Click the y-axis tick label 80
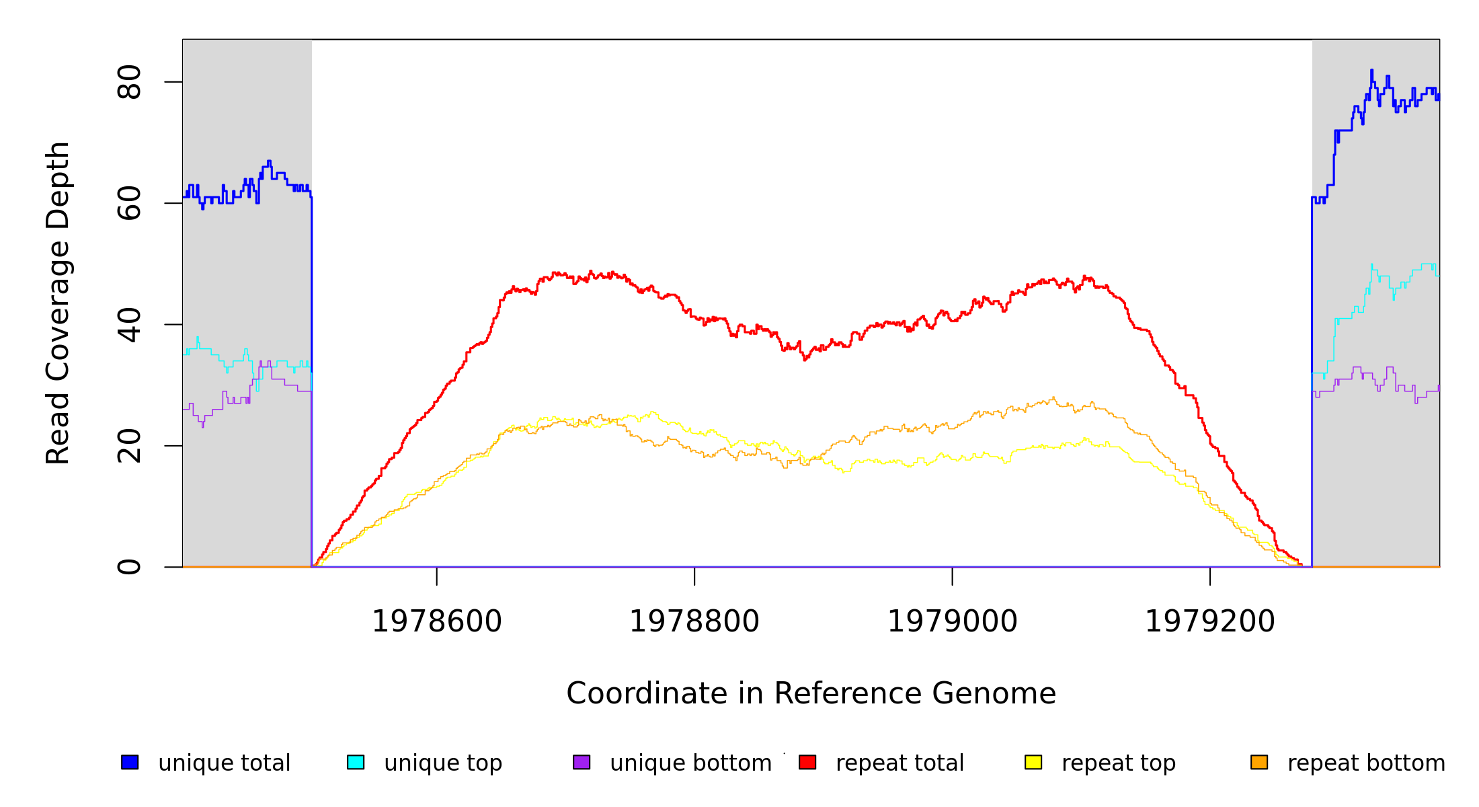(x=128, y=82)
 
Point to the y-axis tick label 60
(x=128, y=203)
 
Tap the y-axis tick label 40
(x=128, y=325)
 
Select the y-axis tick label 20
(x=128, y=446)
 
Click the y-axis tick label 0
(x=128, y=567)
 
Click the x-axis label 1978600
(x=437, y=621)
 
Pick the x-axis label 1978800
(x=694, y=621)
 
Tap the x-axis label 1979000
(x=952, y=621)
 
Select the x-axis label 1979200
(x=1209, y=621)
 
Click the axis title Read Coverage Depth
(x=58, y=303)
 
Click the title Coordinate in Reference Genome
(x=811, y=693)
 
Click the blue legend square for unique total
(x=130, y=762)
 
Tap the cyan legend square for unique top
(x=356, y=762)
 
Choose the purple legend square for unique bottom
(x=582, y=762)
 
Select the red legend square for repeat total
(x=807, y=762)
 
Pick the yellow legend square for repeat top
(x=1033, y=762)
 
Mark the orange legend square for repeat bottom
(x=1259, y=762)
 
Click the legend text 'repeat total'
(x=900, y=763)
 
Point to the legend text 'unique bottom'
(x=690, y=763)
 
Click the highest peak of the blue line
(x=1371, y=71)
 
